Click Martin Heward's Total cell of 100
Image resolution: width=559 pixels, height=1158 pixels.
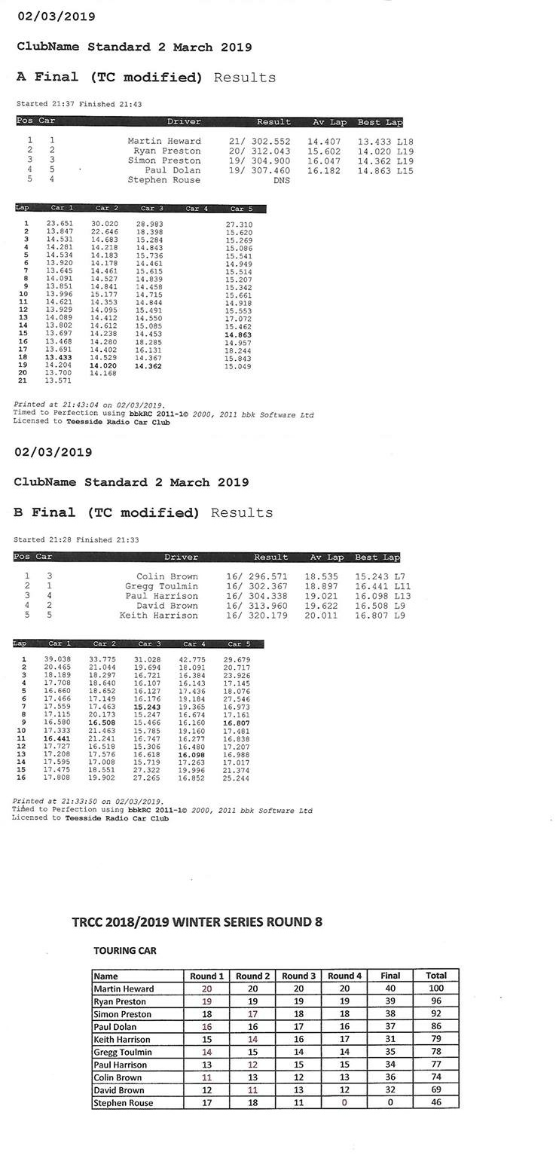click(436, 988)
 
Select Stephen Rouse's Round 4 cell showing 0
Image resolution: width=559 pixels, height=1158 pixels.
click(344, 1103)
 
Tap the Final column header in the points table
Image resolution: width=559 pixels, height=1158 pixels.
click(390, 976)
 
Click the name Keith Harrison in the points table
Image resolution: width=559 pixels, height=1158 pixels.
click(123, 1040)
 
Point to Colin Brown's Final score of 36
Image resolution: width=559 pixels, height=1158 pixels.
click(390, 1077)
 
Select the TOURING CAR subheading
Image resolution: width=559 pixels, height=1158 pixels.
click(124, 951)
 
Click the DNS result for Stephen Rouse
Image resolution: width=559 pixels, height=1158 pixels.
click(282, 180)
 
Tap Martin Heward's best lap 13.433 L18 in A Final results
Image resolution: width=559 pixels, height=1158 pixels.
click(385, 141)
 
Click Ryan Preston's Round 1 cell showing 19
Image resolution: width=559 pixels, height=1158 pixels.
click(206, 1001)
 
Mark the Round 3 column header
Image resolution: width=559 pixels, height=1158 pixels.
click(298, 976)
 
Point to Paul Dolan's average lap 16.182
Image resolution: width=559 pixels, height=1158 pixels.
click(324, 170)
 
